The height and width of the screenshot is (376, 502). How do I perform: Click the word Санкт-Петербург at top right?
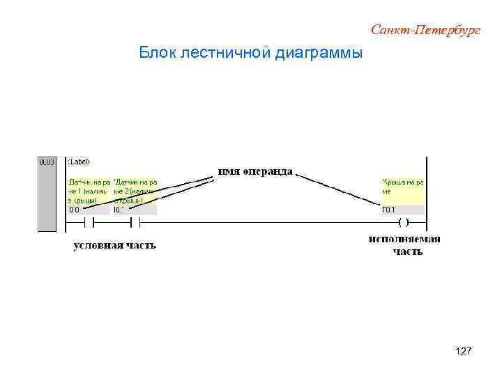point(425,30)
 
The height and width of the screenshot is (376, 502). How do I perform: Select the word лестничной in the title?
point(227,53)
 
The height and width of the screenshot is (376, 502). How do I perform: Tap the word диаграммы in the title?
point(319,53)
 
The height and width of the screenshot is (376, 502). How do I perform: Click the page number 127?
point(463,352)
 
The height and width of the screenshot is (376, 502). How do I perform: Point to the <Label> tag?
point(79,162)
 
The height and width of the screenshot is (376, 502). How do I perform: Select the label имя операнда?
point(255,172)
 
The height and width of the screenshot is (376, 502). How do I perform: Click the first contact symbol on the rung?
point(89,223)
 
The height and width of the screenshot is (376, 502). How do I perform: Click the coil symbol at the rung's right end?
point(402,223)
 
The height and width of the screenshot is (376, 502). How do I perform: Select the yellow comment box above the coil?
point(402,190)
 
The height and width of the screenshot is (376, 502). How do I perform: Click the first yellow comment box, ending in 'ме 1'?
point(89,190)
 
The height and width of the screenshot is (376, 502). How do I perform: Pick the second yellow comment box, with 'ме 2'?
point(135,190)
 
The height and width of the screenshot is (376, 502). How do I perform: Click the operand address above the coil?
point(388,210)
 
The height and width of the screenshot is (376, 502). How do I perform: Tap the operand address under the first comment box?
point(74,210)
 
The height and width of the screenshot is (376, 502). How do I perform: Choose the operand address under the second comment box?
point(119,210)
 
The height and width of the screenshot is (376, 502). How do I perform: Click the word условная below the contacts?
point(98,245)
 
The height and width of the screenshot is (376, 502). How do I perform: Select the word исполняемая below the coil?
point(404,240)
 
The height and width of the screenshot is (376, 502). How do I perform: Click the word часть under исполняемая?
point(407,251)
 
